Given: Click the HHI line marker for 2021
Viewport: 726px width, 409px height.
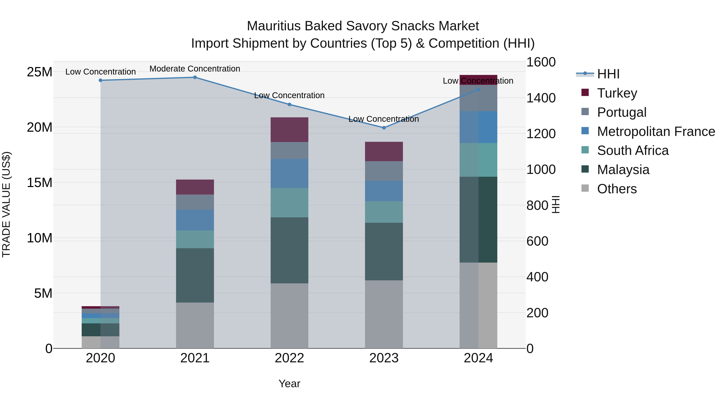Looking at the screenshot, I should [x=195, y=77].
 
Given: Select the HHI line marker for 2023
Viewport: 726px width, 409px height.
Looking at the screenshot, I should [x=384, y=128].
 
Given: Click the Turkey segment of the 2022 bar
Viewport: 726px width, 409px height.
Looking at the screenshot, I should [x=289, y=129].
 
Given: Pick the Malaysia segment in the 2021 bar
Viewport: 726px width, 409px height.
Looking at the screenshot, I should [x=195, y=275].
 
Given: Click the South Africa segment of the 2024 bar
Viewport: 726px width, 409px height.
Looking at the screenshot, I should [x=478, y=160].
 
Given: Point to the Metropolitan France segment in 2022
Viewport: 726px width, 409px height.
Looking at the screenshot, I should [x=289, y=173].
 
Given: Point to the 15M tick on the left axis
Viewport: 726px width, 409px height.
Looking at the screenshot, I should [x=40, y=183].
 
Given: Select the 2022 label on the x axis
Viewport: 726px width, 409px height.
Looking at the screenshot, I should [x=289, y=358].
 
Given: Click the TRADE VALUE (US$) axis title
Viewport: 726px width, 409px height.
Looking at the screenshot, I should [x=6, y=204].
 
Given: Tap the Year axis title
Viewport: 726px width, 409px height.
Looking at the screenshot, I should [x=289, y=384].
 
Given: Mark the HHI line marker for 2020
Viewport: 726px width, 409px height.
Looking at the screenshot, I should [x=100, y=80].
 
